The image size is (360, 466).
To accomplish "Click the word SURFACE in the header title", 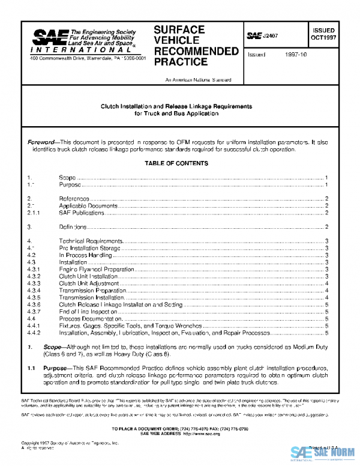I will click(179, 29).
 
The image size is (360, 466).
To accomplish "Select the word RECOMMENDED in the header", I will click(196, 51).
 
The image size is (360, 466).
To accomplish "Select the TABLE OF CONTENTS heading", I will click(176, 163).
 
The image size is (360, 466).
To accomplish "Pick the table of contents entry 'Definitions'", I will click(74, 227).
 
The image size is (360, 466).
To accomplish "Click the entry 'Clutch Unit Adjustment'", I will click(89, 283).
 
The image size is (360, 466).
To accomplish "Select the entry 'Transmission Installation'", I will click(91, 298).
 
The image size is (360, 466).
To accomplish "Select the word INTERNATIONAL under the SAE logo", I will click(59, 52).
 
